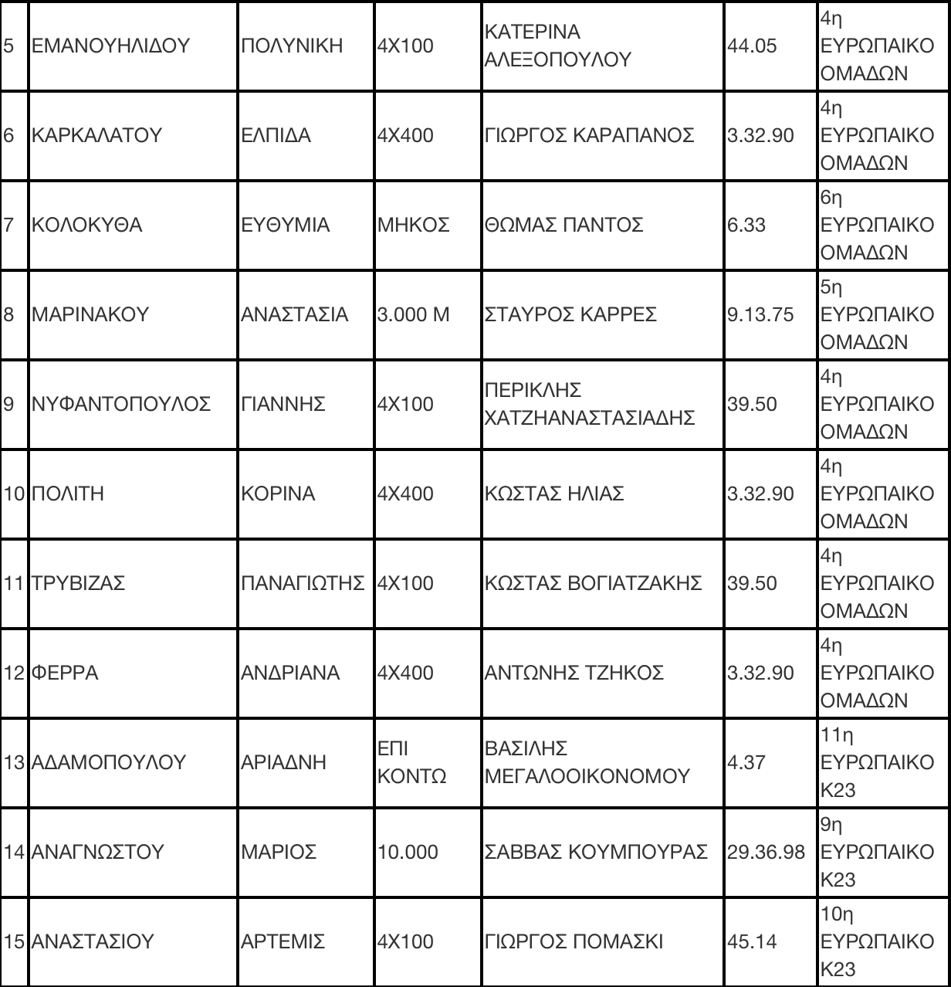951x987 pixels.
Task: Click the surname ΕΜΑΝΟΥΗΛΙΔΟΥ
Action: (x=110, y=46)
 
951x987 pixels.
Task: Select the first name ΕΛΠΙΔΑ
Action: (x=276, y=135)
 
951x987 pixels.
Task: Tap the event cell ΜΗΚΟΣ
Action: (x=413, y=225)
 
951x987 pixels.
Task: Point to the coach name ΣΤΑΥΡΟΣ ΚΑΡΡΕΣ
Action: (x=570, y=314)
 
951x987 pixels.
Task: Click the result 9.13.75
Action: (x=760, y=314)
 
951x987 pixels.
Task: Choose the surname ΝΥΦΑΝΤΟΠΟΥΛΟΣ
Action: (x=121, y=404)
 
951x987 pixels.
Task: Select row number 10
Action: (x=15, y=493)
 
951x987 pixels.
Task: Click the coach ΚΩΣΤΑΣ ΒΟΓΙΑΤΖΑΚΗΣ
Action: (x=593, y=583)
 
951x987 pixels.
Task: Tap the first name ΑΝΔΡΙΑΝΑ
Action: (x=290, y=673)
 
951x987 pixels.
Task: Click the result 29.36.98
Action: (x=766, y=852)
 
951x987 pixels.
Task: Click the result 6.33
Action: (x=746, y=225)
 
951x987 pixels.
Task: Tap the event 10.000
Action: (x=407, y=852)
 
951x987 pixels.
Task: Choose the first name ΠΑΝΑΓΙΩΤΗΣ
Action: (x=303, y=583)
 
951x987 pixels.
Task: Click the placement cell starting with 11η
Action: (x=877, y=762)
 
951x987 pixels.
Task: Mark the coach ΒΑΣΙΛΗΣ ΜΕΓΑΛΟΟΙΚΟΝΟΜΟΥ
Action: (x=587, y=762)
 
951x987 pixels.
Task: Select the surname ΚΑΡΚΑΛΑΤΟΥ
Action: (x=97, y=135)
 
